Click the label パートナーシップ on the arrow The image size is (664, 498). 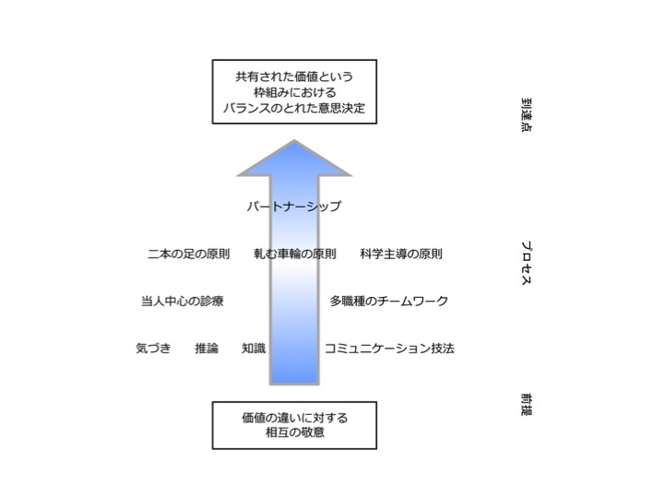(294, 207)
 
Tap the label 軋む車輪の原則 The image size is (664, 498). (294, 254)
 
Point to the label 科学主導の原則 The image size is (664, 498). (401, 254)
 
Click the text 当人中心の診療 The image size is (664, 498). (182, 301)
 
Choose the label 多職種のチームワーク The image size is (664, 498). (389, 301)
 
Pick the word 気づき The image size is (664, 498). (153, 349)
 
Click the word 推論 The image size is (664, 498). (207, 349)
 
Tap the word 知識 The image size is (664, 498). (254, 349)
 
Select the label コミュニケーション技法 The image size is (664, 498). (389, 349)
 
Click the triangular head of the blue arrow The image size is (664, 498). (294, 160)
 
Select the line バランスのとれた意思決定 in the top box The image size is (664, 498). (294, 109)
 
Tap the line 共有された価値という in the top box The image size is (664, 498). (294, 77)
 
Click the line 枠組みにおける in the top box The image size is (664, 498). (294, 93)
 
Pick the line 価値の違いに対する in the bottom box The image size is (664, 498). (294, 417)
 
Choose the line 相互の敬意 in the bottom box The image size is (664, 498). (294, 433)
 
